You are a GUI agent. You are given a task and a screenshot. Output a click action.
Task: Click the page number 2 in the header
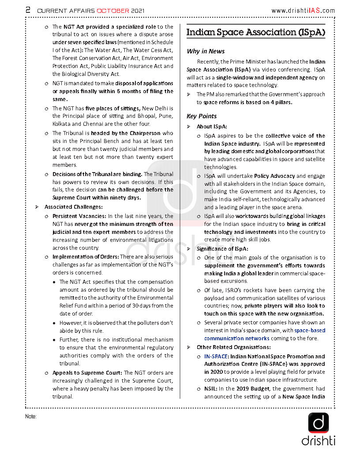pyautogui.click(x=28, y=10)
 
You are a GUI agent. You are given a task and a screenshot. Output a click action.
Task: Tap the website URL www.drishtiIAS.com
pyautogui.click(x=303, y=10)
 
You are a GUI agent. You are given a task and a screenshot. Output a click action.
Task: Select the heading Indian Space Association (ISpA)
pyautogui.click(x=255, y=32)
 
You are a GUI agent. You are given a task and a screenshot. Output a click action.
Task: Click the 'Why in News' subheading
pyautogui.click(x=206, y=51)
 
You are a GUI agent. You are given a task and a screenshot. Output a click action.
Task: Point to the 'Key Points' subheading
pyautogui.click(x=202, y=116)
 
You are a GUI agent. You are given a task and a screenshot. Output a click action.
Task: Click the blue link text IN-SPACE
pyautogui.click(x=216, y=356)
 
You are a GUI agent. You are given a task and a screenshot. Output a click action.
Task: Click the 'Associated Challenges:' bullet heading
pyautogui.click(x=74, y=207)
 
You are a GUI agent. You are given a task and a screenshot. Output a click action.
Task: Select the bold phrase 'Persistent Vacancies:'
pyautogui.click(x=79, y=216)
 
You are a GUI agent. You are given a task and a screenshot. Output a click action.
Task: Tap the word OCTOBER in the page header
pyautogui.click(x=113, y=10)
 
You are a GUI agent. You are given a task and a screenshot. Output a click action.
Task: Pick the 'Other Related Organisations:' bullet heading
pyautogui.click(x=233, y=347)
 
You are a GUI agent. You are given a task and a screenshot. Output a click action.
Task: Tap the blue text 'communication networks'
pyautogui.click(x=236, y=338)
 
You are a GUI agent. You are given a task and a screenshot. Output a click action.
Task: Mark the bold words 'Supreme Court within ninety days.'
pyautogui.click(x=97, y=198)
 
